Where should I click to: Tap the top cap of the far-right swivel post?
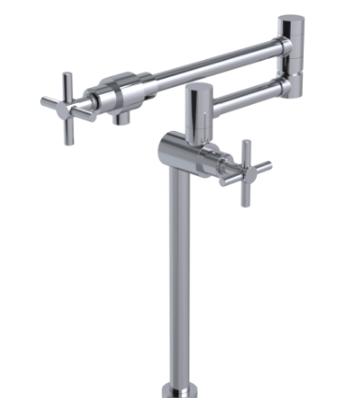(293, 20)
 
